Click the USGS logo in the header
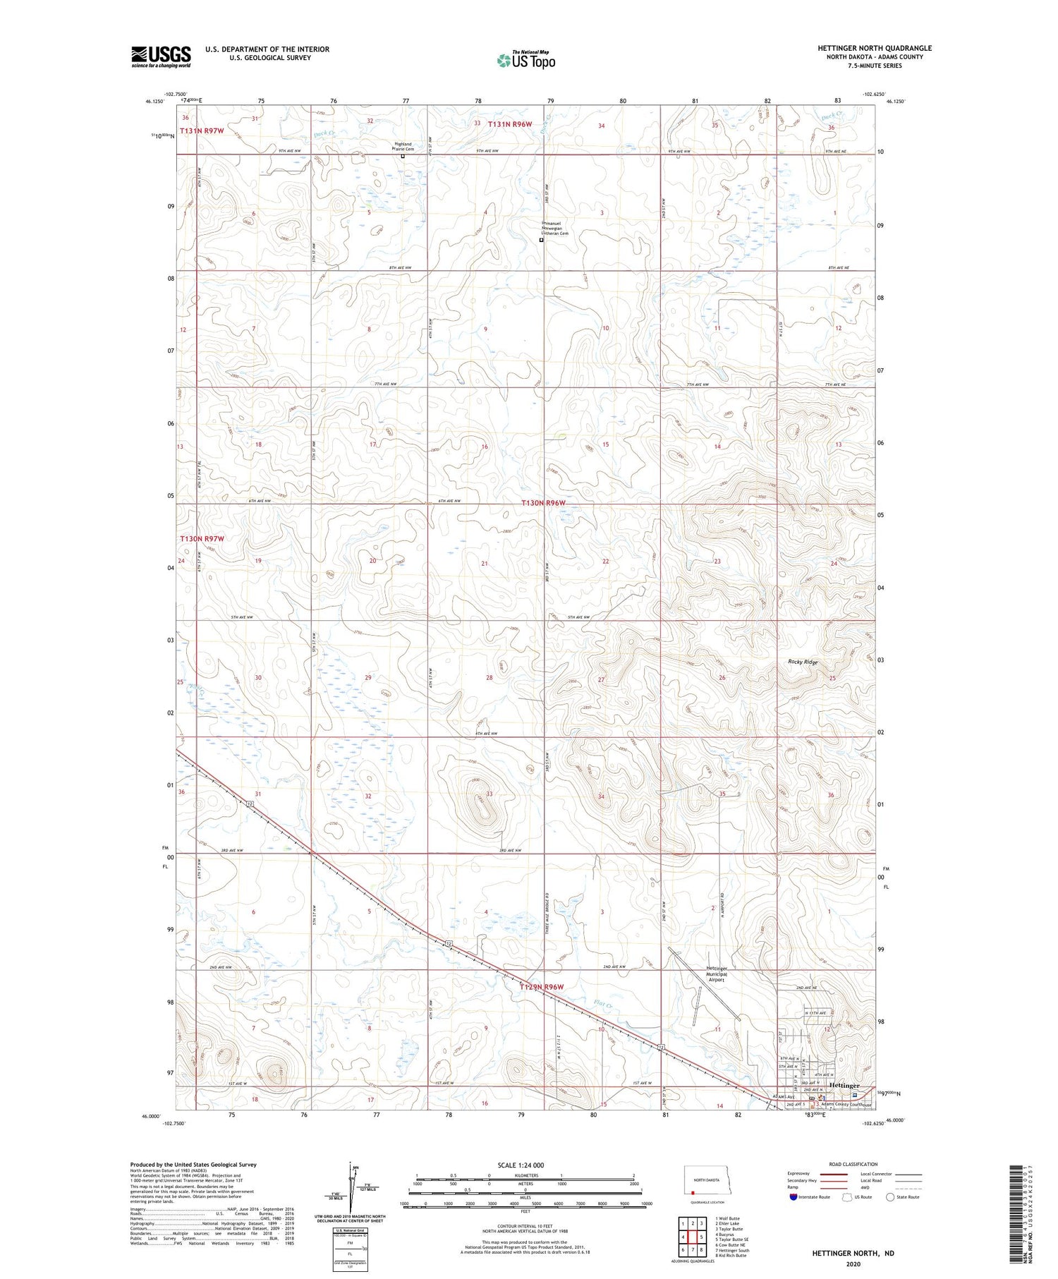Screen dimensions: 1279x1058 tap(161, 56)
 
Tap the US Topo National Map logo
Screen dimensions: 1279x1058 tap(525, 60)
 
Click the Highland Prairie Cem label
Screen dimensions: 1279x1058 tap(403, 147)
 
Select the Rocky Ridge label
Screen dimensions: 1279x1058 tap(803, 662)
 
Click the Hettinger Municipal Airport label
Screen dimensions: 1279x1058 tap(716, 974)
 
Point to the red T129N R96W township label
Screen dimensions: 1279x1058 tap(542, 986)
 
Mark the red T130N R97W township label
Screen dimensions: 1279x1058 tap(202, 538)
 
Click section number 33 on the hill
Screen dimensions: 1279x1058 tap(489, 794)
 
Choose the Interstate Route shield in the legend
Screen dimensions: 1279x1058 tap(793, 1196)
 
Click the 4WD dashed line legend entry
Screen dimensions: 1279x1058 tap(909, 1187)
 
